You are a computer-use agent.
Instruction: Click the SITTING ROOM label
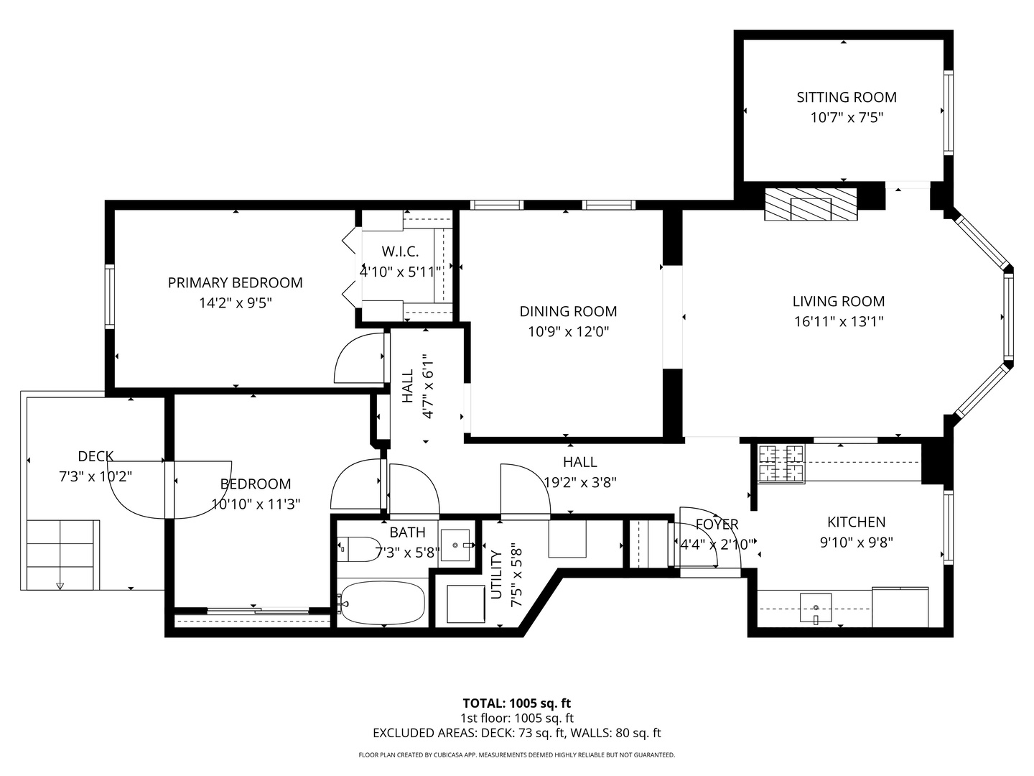pos(846,97)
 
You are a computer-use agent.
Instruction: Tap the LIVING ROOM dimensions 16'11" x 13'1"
pos(838,322)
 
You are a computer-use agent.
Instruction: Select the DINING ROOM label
pos(568,311)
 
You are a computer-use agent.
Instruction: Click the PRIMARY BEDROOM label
pos(235,282)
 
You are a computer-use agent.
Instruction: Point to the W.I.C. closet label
pos(400,251)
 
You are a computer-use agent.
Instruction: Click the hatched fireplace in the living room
pos(811,205)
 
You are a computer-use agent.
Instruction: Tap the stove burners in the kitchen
pos(781,463)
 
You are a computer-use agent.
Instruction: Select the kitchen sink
pos(816,608)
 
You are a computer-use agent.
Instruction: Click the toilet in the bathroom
pos(360,550)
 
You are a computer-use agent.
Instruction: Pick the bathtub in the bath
pos(382,603)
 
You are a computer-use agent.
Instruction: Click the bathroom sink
pos(455,545)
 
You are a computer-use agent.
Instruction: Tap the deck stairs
pos(62,554)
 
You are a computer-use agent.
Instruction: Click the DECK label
pos(96,456)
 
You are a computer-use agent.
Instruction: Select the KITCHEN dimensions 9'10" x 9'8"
pos(856,542)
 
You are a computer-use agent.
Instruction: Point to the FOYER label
pos(717,525)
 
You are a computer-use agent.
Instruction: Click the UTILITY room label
pos(496,574)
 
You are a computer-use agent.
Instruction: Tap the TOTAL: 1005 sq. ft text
pos(516,703)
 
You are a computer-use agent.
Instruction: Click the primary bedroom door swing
pos(359,360)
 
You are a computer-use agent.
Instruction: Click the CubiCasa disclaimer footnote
pos(516,755)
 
